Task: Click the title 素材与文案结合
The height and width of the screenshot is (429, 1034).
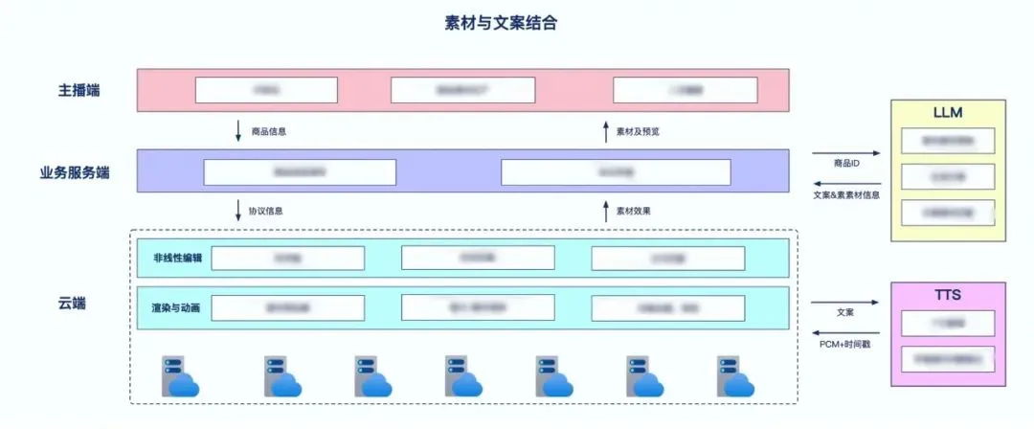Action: (x=501, y=23)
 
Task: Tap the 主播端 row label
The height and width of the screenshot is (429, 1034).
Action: (x=79, y=91)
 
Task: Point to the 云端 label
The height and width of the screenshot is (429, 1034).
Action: (x=72, y=304)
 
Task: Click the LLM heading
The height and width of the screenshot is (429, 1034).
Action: (x=947, y=112)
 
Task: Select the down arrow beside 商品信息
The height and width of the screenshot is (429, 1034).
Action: (x=238, y=130)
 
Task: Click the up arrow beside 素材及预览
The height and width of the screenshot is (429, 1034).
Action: (x=605, y=130)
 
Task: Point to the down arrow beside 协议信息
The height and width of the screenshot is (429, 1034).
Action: (x=238, y=211)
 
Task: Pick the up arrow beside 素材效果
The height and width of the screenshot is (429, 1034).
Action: (x=605, y=211)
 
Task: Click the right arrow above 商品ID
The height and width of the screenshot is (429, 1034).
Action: (x=845, y=153)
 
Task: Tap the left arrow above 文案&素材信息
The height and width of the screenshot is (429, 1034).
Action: (x=845, y=184)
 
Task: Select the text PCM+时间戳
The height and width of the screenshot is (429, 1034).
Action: (x=845, y=343)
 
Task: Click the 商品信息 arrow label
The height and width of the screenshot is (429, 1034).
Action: (x=269, y=131)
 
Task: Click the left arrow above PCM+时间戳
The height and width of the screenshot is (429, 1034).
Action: (x=845, y=331)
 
